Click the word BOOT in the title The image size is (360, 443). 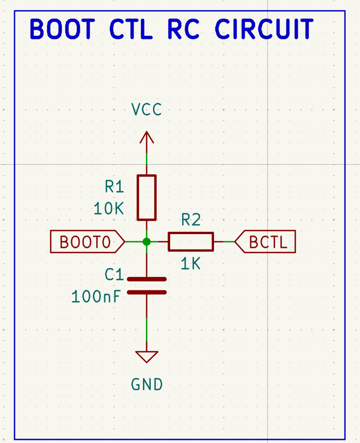point(62,29)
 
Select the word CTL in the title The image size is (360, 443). point(131,29)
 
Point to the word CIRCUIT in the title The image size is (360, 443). point(264,29)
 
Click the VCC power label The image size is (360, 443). point(146,109)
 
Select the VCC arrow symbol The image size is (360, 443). point(146,137)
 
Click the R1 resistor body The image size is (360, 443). point(146,197)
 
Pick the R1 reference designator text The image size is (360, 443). point(114,186)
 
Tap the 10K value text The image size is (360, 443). point(108,209)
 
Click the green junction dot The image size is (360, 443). point(146,242)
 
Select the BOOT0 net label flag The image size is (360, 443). point(87,242)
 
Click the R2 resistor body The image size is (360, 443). point(191,242)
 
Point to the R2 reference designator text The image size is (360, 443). point(191,220)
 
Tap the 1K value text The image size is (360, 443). point(191,264)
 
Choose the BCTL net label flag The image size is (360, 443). point(266,242)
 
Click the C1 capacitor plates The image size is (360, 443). point(146,285)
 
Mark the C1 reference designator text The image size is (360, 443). point(114,274)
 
